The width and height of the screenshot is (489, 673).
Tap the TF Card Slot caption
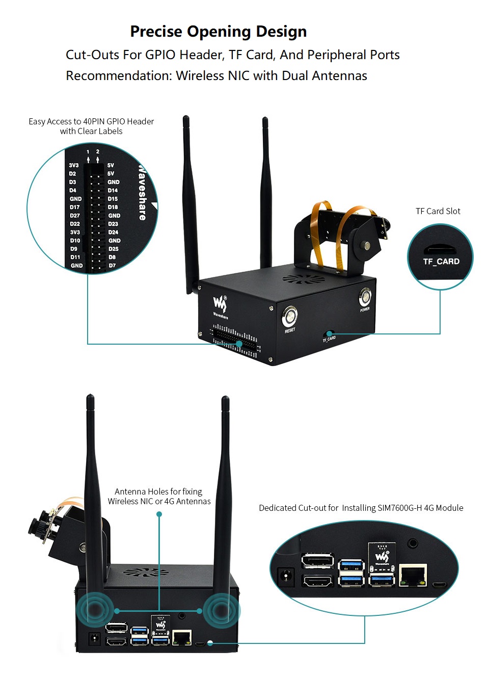(x=438, y=211)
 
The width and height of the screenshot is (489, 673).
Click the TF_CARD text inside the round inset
(x=441, y=262)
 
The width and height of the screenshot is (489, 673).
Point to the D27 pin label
(x=75, y=216)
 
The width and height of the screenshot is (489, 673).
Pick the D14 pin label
(x=113, y=191)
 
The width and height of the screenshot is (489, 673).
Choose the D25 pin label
(x=113, y=249)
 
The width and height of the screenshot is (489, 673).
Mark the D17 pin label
(x=75, y=208)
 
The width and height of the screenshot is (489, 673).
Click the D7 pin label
(x=112, y=266)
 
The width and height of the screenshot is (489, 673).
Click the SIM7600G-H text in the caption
(x=399, y=508)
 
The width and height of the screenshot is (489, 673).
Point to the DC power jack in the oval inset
(x=285, y=576)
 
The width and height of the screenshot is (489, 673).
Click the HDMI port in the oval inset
(x=318, y=581)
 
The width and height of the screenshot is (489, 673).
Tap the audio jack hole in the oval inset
(x=413, y=543)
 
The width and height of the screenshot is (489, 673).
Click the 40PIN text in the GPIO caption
(x=94, y=121)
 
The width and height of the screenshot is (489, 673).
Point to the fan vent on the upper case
(x=304, y=279)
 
